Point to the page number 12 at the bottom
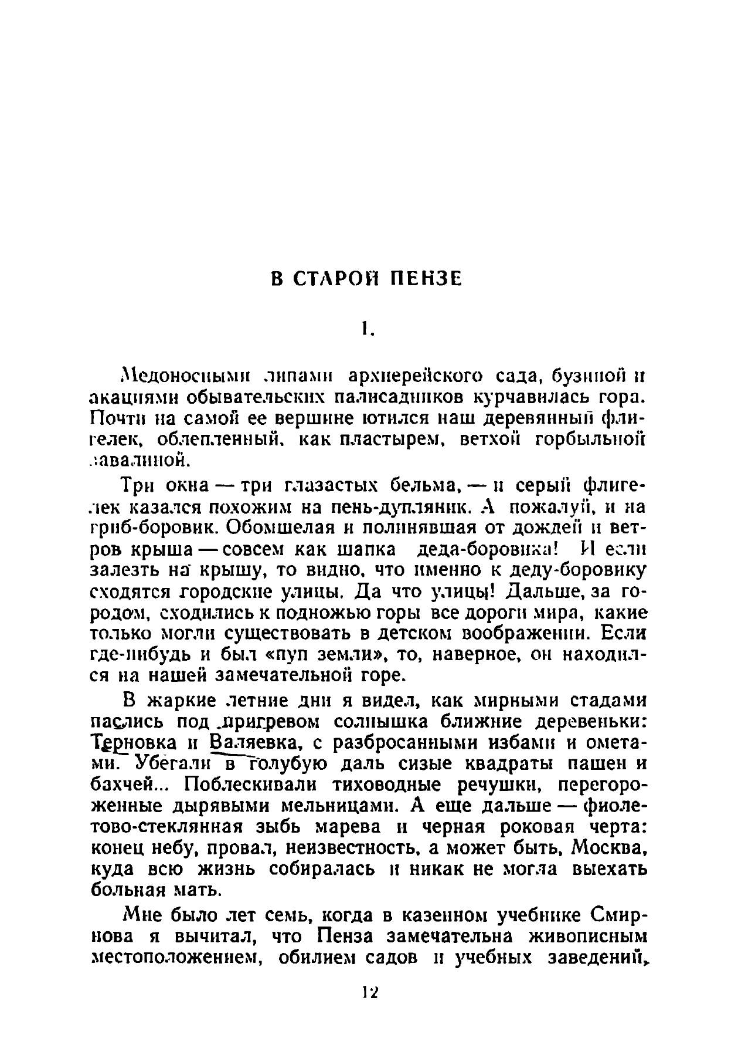click(370, 992)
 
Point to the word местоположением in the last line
click(175, 958)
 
